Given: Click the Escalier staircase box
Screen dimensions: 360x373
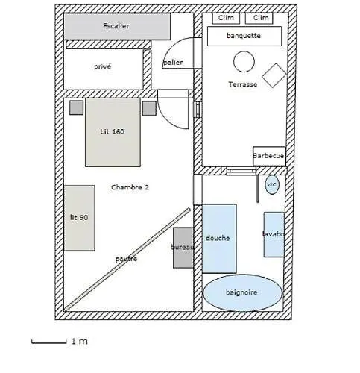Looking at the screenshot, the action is tap(117, 26).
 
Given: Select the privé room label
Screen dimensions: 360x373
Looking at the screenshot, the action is tap(102, 66).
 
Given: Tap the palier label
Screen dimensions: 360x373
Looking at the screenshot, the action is tap(173, 62).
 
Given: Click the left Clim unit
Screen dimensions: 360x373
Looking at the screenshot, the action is tap(226, 18).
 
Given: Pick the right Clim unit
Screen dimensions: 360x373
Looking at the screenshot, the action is tap(259, 18).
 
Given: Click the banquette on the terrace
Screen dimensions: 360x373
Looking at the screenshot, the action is tap(244, 36).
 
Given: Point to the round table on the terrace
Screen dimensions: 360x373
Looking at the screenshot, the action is tap(244, 62).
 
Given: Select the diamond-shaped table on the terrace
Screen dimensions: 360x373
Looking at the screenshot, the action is tap(274, 75).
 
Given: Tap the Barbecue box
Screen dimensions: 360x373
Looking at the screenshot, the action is tap(269, 156).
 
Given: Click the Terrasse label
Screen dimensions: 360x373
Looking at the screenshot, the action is tap(243, 84).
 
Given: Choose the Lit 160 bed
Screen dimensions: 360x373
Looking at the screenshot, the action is tap(113, 132).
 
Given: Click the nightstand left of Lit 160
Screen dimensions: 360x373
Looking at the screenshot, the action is tap(76, 107).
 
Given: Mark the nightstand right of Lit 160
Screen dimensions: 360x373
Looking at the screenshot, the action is tap(149, 108).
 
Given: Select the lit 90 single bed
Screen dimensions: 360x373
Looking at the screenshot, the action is tap(79, 218).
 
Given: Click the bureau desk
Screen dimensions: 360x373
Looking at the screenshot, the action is tap(183, 248).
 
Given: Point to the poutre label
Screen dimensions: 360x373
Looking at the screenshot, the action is tap(126, 259).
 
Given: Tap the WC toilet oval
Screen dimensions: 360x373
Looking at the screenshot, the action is tap(272, 184).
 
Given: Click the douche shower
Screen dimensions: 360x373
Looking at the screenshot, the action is tap(219, 239).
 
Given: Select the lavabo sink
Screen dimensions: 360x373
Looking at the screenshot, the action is tap(274, 234).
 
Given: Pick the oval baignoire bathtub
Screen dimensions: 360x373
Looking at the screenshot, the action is tap(243, 292).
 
